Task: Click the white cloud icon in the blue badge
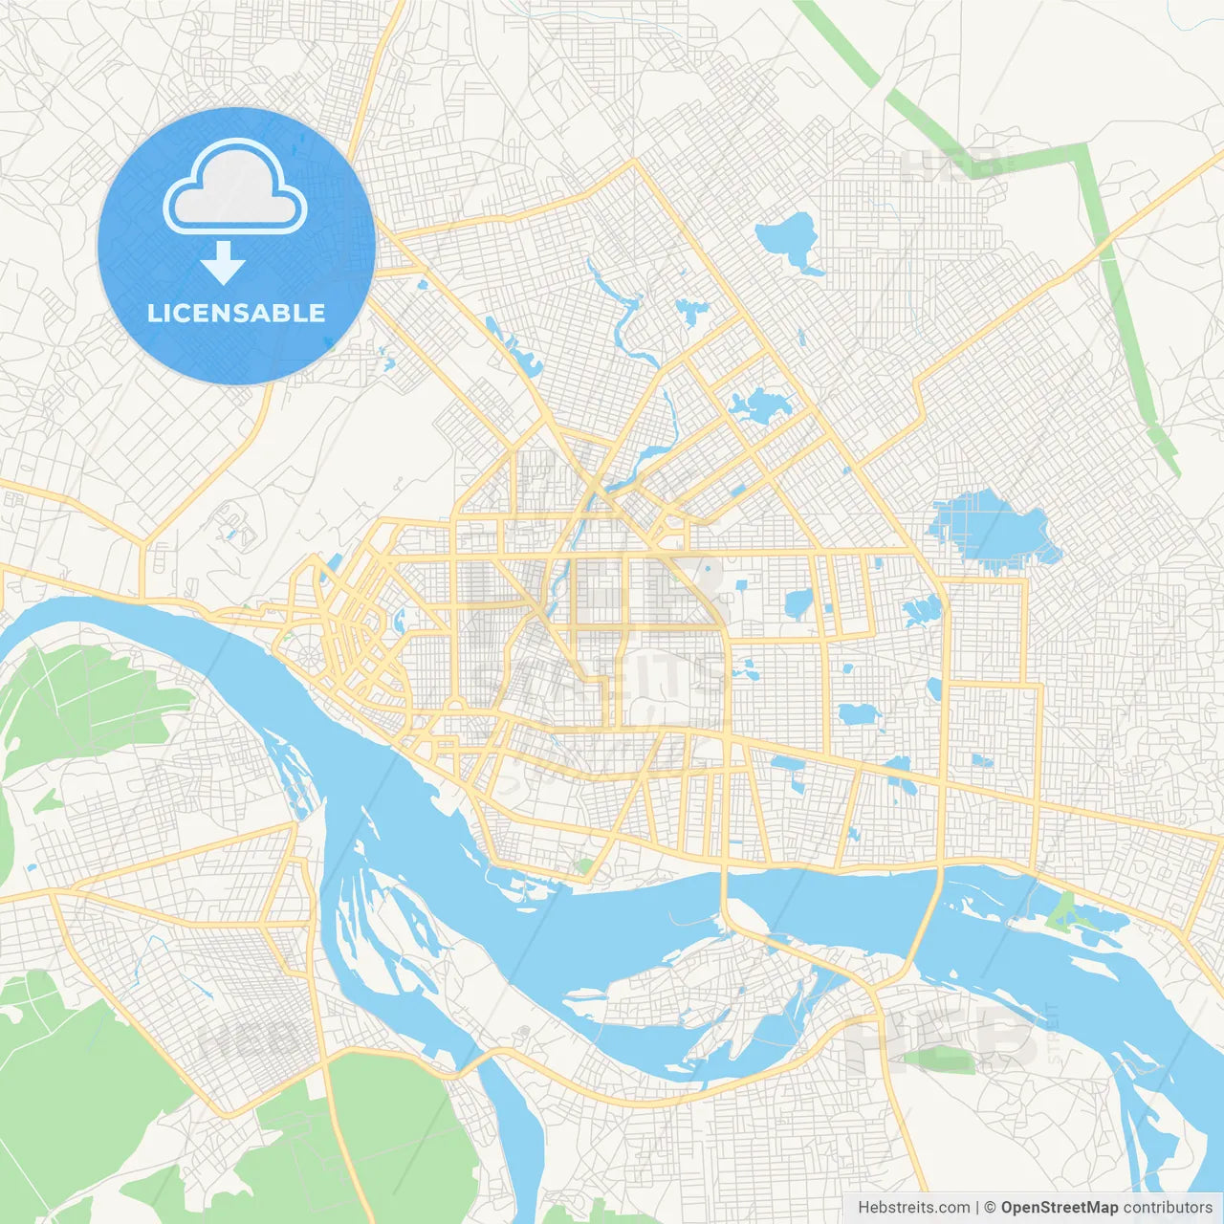(x=235, y=187)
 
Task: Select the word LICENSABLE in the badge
(x=236, y=314)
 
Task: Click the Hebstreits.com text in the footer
(x=913, y=1208)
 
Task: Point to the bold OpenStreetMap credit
(x=1060, y=1208)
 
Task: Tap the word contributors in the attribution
(x=1168, y=1208)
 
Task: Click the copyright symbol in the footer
(x=991, y=1208)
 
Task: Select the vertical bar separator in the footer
(x=977, y=1208)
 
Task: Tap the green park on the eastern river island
(x=1060, y=913)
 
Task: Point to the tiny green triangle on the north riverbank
(x=583, y=866)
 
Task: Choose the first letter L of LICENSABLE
(x=153, y=314)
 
